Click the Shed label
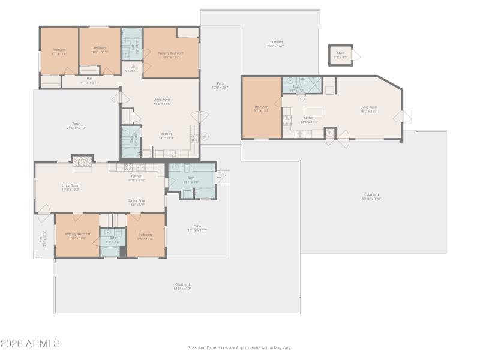(340, 55)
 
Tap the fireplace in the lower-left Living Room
(82, 160)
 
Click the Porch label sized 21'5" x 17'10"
(76, 126)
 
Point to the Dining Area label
(136, 202)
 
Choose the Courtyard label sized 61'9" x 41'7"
(182, 286)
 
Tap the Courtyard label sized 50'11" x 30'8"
(371, 196)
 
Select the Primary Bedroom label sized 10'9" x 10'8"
(77, 236)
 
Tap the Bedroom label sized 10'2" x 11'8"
(100, 50)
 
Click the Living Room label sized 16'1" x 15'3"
(368, 109)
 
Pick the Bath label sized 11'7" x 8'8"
(191, 179)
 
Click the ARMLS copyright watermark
(30, 344)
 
